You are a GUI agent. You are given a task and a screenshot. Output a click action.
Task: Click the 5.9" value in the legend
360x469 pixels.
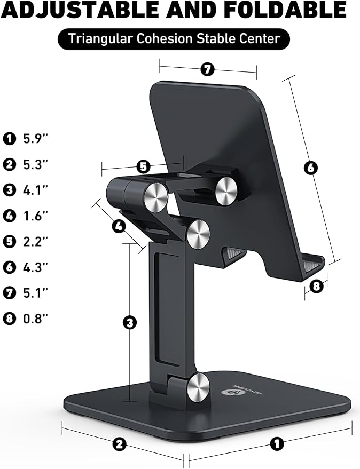coord(36,139)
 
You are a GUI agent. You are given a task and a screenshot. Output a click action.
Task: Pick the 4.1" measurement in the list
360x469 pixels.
coord(36,190)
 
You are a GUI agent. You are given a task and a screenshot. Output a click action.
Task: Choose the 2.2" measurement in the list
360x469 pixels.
coord(36,241)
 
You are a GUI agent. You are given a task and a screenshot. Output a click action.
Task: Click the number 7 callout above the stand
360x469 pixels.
coord(207,69)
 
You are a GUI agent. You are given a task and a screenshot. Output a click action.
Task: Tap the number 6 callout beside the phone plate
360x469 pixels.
coord(310,168)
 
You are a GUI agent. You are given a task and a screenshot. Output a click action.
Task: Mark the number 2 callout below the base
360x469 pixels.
coord(120,443)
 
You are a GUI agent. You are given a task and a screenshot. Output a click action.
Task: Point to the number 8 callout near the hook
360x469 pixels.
coord(316,286)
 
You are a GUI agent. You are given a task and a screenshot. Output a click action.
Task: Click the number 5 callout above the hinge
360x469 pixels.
coord(143,166)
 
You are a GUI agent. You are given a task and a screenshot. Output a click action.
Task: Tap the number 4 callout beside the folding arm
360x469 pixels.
coord(119,226)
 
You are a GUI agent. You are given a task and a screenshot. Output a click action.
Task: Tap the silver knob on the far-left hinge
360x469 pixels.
coord(155,196)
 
